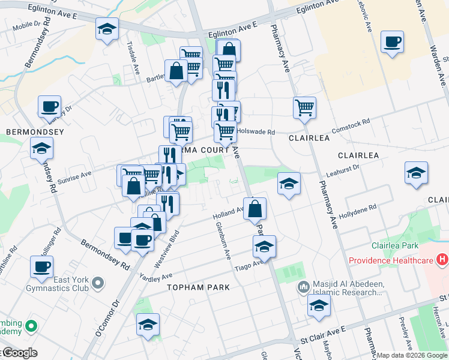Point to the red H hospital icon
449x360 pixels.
coord(442,260)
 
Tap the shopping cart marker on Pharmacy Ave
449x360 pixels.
coord(305,108)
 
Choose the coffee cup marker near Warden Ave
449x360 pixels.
coord(392,42)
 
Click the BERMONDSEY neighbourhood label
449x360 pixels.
coord(26,130)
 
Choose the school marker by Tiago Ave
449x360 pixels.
coord(264,246)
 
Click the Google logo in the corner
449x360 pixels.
coord(20,353)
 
